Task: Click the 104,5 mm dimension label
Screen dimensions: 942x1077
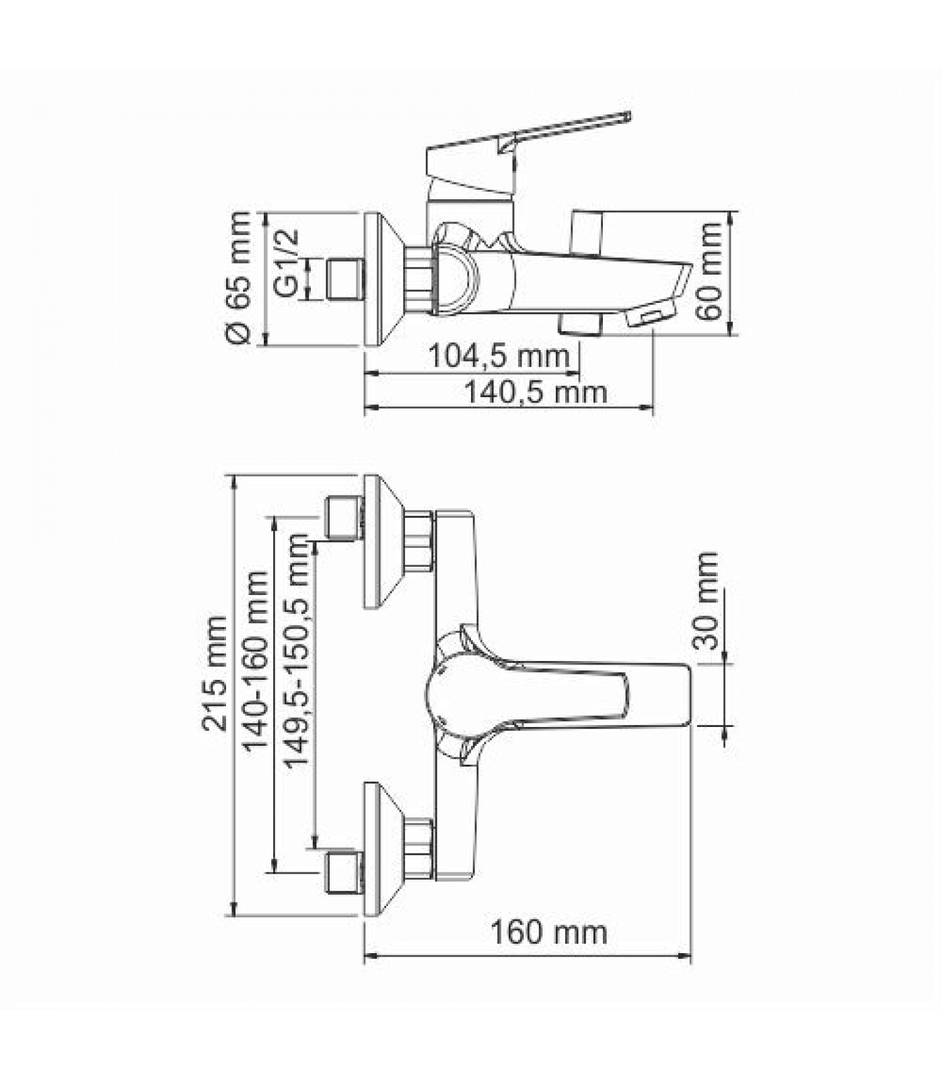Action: click(x=499, y=355)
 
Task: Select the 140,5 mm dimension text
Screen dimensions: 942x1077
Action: click(x=536, y=392)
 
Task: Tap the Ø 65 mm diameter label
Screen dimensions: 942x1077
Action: click(x=239, y=278)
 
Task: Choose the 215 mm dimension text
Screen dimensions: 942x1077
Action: click(x=215, y=672)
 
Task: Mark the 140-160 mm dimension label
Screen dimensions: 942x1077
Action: click(x=255, y=662)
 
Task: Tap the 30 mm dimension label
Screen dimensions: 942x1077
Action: click(x=706, y=600)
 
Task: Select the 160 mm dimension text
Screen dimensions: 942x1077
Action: click(x=548, y=932)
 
